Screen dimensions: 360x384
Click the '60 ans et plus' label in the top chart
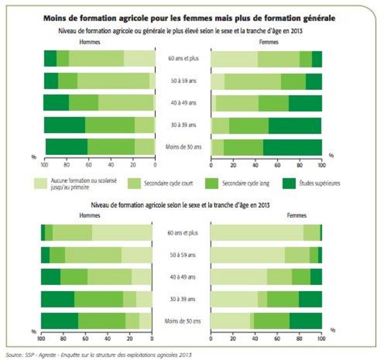(x=182, y=58)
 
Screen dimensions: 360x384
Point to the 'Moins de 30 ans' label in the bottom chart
(x=182, y=321)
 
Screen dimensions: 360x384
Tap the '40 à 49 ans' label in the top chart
(x=182, y=103)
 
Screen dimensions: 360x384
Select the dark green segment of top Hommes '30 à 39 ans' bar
(x=64, y=125)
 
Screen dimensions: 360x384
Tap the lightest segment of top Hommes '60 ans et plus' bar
(x=139, y=59)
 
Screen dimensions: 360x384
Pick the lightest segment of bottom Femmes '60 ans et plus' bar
(x=257, y=232)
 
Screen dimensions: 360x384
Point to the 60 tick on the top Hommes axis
(x=88, y=166)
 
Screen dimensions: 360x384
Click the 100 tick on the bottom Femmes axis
(x=321, y=339)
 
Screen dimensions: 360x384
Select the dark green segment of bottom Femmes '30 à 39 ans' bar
(x=310, y=299)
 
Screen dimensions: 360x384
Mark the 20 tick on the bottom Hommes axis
(x=130, y=339)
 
